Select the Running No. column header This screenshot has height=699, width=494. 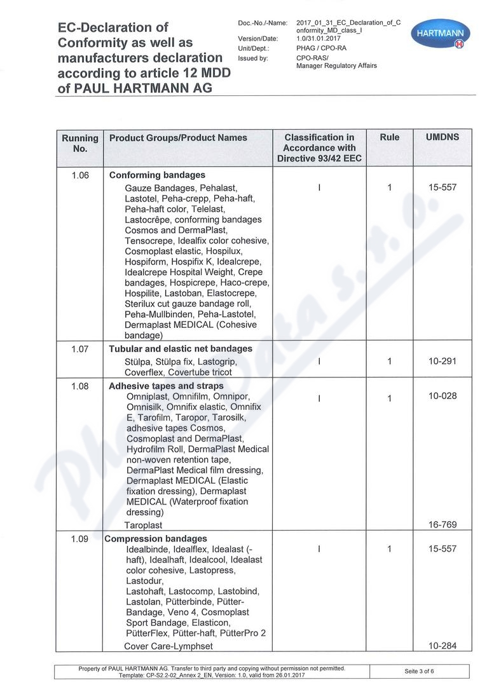point(80,143)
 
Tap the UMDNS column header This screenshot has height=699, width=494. point(442,137)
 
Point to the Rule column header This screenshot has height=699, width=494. point(389,137)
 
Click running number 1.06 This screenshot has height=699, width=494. point(80,175)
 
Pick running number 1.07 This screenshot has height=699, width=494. point(80,349)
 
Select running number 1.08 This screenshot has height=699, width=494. point(80,386)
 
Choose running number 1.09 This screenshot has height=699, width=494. point(80,539)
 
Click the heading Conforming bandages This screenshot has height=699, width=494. point(157,175)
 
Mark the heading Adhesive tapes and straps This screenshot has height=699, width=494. point(166,386)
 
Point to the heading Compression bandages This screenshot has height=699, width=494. point(156,539)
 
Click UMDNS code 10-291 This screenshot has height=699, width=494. point(442,361)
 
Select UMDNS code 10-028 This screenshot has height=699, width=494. point(442,396)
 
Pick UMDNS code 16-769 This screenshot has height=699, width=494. point(442,525)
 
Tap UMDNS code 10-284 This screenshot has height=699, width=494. point(442,646)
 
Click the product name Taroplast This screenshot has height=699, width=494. point(143,526)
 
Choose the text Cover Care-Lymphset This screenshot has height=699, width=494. point(168,646)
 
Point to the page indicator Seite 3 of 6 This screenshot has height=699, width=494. point(419,672)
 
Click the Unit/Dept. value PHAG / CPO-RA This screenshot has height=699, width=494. point(321,48)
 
